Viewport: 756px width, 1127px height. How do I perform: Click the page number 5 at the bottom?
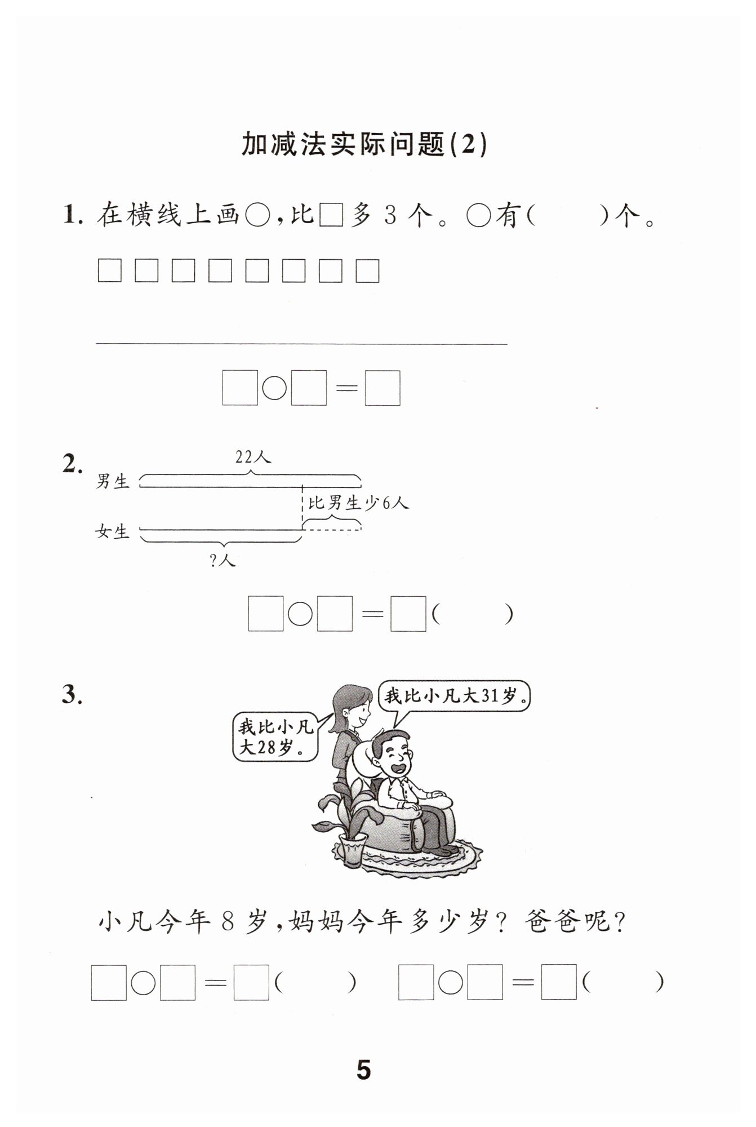point(364,1070)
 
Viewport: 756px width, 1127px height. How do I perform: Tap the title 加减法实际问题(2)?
point(364,145)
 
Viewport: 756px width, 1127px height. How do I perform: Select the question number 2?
point(73,464)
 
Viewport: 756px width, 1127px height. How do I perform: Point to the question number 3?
point(73,695)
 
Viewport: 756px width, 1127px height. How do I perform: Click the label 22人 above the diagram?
point(254,457)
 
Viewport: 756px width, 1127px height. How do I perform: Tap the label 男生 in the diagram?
point(113,481)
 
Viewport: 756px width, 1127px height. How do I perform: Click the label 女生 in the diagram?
point(113,531)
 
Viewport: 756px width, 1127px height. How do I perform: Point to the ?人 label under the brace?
point(223,560)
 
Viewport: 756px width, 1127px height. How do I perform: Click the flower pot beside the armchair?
point(349,851)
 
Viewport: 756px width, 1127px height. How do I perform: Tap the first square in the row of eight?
point(109,270)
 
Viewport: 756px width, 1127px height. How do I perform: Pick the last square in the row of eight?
point(367,270)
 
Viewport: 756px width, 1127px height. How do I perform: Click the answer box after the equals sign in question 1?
point(383,388)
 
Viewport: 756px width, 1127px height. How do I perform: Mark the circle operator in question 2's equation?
point(300,614)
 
